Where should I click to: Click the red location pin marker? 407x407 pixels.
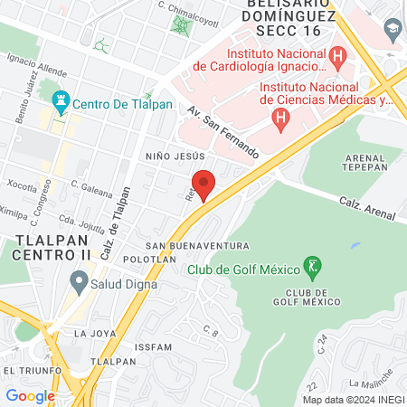(x=203, y=185)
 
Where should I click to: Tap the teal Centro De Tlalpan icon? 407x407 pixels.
(x=62, y=101)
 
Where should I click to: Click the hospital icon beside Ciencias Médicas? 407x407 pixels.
(x=281, y=118)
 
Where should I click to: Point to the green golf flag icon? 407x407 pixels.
(x=313, y=268)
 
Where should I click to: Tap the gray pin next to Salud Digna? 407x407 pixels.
(x=79, y=284)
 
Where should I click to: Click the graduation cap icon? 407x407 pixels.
(x=393, y=30)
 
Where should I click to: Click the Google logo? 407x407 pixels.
(x=30, y=395)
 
